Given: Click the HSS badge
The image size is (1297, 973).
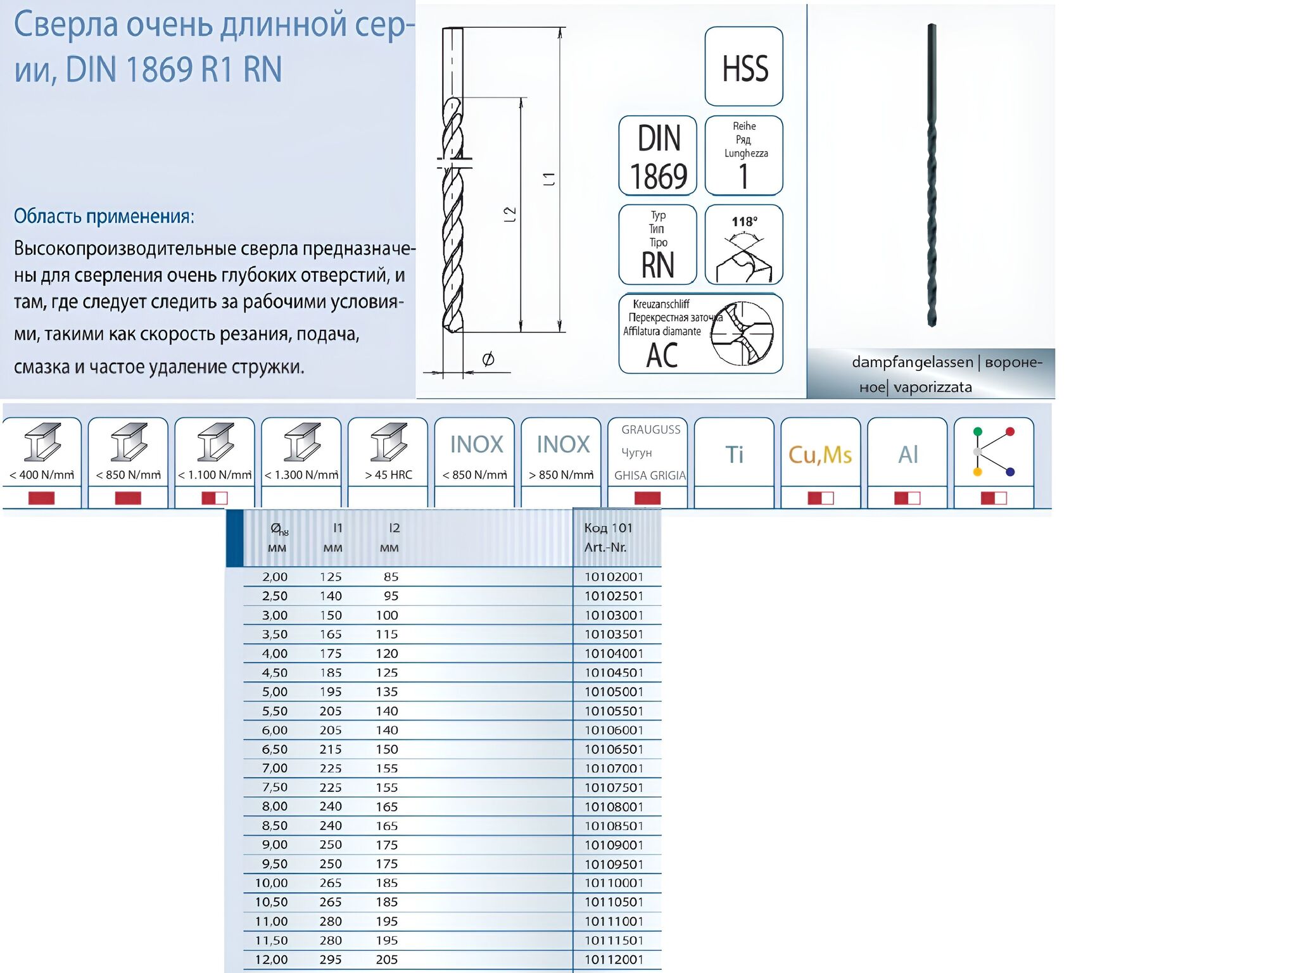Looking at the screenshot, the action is coord(744,66).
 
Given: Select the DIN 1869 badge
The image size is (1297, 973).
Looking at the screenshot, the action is coord(658,156).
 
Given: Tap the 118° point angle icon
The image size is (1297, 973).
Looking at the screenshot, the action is coord(744,244).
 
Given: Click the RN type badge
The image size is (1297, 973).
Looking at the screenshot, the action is coord(658,244).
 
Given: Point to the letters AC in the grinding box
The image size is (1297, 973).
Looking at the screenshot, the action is coord(662,355).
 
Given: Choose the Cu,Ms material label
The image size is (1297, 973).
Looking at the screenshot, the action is coord(820,455).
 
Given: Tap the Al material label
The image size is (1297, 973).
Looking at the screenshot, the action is coord(908,454).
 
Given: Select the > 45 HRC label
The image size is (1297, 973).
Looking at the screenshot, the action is coord(388,475).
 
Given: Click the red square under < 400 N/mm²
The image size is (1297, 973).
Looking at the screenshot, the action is coord(42,498).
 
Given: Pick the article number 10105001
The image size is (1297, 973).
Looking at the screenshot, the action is coord(614,692).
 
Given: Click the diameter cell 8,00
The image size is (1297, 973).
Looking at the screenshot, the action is coord(275,807).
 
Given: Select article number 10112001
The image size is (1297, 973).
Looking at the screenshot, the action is coord(614,960).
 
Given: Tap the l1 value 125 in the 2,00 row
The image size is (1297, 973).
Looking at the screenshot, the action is coord(331,577).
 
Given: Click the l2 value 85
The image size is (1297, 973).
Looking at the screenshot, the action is coord(391,577).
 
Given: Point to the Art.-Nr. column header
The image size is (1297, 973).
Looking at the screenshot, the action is coord(605,548).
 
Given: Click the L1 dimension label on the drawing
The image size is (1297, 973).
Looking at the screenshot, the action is coord(549,179).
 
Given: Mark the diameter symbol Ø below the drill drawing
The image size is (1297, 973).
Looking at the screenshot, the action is coord(488,360).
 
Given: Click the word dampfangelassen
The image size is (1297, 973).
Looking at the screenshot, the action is coord(913,362).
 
